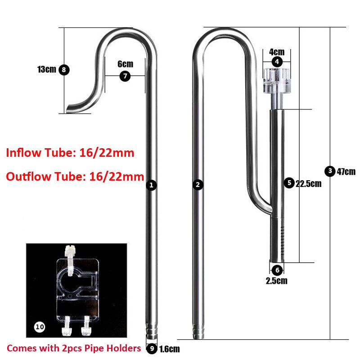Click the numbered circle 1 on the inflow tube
(152, 185)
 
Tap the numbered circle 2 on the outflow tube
(197, 185)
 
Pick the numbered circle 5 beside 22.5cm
(289, 183)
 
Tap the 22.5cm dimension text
(308, 183)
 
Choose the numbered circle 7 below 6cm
(125, 76)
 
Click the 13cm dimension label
(46, 69)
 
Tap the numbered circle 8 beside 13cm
(64, 70)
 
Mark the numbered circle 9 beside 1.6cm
(152, 348)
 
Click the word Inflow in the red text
(22, 153)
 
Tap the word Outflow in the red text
(26, 176)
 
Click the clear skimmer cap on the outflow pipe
(276, 82)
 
